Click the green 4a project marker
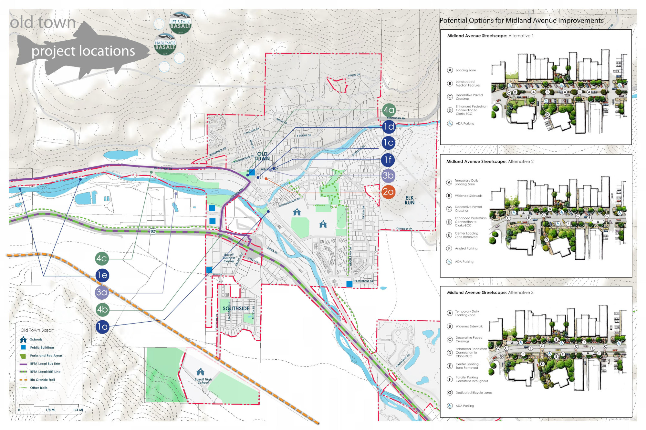(x=389, y=110)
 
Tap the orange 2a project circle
(x=388, y=192)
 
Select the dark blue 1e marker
(x=102, y=275)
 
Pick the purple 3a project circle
(x=101, y=292)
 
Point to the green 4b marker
(x=102, y=310)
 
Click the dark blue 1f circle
(x=388, y=160)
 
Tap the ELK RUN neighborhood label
(x=409, y=200)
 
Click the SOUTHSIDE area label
(x=236, y=309)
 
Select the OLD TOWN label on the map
(x=262, y=156)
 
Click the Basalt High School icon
(x=200, y=372)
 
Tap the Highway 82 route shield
(x=153, y=231)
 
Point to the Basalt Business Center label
(x=229, y=258)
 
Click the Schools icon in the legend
(x=23, y=339)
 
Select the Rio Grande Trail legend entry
(x=42, y=380)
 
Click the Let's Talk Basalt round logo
(x=180, y=23)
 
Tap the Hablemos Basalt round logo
(x=165, y=44)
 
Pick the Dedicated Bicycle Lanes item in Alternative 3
(x=474, y=393)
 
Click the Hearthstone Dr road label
(x=363, y=281)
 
